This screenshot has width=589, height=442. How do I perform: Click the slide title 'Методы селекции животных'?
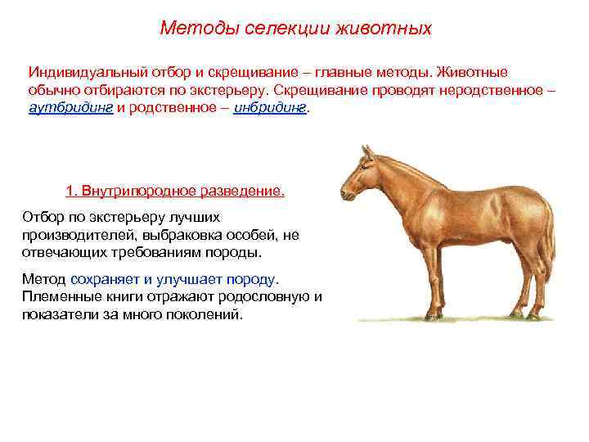coord(295,29)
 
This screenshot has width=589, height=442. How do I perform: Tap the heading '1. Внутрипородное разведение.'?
coord(175,191)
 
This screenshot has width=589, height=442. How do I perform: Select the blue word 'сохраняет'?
coord(106,279)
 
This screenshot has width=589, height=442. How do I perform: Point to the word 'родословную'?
coord(271,296)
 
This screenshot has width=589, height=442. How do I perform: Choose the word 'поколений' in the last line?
coord(208,314)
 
